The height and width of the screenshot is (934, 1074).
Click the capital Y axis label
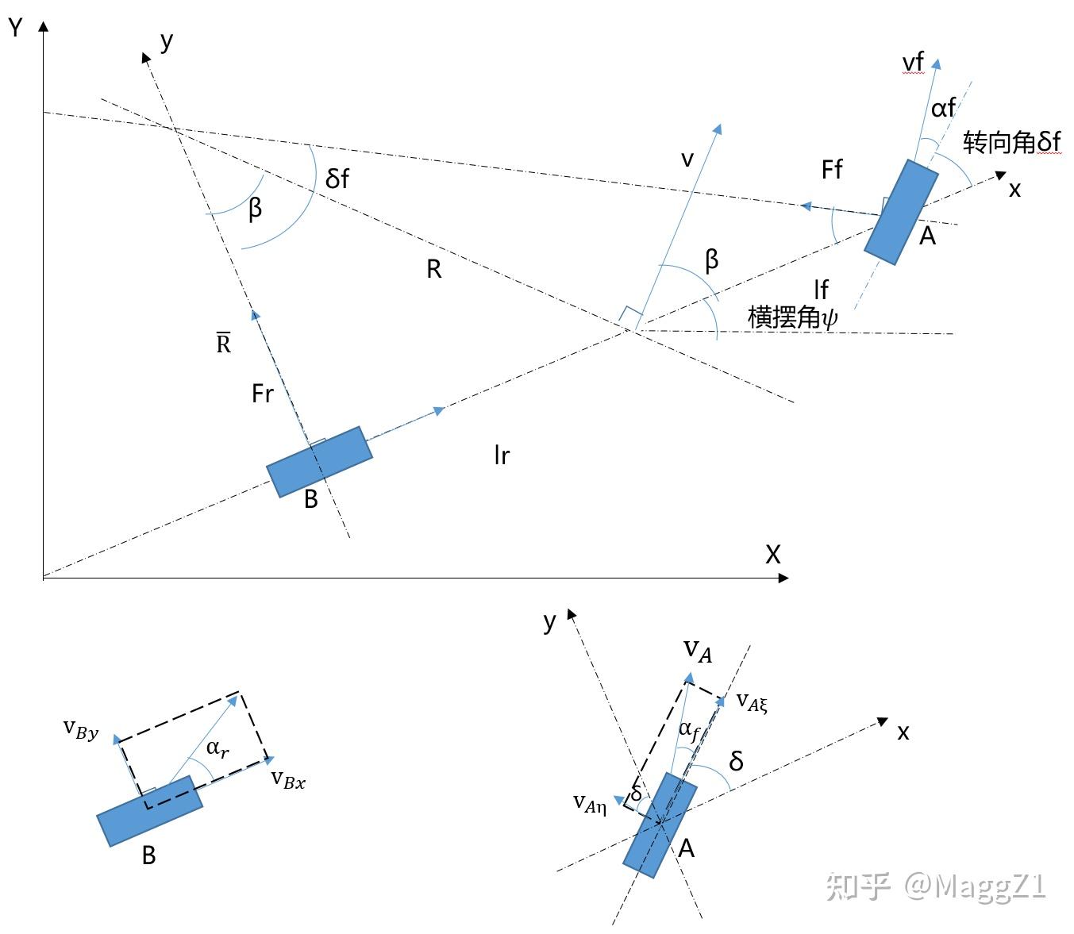click(x=15, y=29)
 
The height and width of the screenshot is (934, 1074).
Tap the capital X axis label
click(x=772, y=554)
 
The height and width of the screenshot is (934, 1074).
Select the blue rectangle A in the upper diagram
click(x=901, y=212)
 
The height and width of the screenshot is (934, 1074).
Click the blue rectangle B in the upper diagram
click(x=319, y=462)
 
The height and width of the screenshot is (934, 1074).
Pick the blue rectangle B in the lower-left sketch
click(x=149, y=811)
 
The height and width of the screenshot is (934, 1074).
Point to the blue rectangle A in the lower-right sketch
click(x=660, y=825)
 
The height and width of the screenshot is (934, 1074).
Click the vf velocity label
click(x=913, y=62)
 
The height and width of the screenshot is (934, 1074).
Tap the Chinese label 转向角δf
click(x=1011, y=142)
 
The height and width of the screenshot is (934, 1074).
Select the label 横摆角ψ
click(x=792, y=317)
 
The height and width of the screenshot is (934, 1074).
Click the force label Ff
click(x=832, y=169)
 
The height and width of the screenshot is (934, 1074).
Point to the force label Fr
click(x=262, y=393)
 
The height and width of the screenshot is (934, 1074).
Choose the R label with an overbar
click(x=223, y=343)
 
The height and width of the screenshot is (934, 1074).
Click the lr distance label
click(x=501, y=455)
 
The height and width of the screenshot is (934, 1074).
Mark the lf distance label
click(x=821, y=289)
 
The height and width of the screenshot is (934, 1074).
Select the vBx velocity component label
click(x=287, y=779)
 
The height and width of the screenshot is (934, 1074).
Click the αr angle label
click(x=217, y=748)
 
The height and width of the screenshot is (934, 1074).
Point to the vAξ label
click(x=752, y=701)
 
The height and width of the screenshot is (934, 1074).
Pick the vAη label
click(x=590, y=804)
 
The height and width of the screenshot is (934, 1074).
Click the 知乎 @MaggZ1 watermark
click(x=936, y=886)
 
